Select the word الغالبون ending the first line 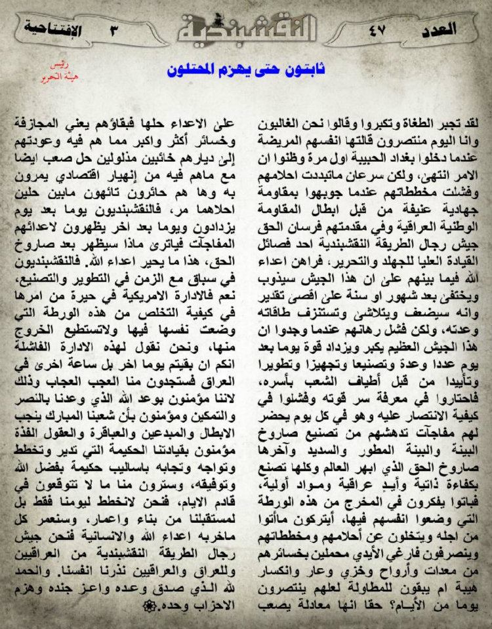(x=438, y=123)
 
